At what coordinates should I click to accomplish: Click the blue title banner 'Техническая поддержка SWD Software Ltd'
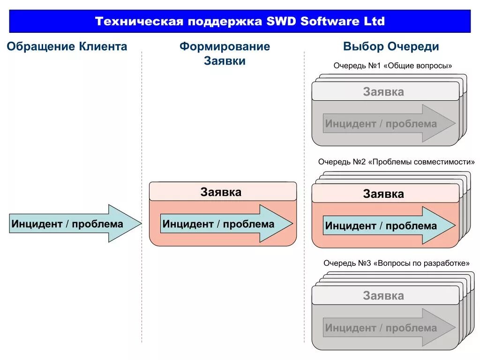tap(240, 22)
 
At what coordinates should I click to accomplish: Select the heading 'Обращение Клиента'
tap(67, 47)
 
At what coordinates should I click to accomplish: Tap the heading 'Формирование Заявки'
tap(225, 54)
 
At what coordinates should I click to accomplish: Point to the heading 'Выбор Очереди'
tap(391, 47)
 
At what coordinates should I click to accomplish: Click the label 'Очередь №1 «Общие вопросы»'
tap(393, 66)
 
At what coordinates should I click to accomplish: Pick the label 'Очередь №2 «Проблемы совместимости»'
tap(396, 162)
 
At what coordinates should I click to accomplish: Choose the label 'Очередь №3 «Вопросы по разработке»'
tap(396, 263)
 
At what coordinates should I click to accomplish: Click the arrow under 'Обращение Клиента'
tap(75, 224)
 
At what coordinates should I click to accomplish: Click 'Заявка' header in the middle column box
tap(222, 192)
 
